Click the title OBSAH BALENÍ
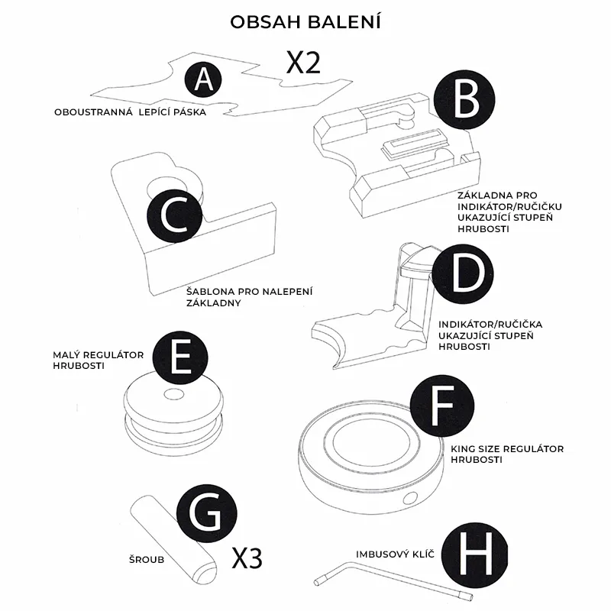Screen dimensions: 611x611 pyautogui.click(x=305, y=22)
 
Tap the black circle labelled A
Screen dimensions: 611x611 pyautogui.click(x=203, y=80)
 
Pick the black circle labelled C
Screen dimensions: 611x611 pyautogui.click(x=175, y=215)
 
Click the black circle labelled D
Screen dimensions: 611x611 pyautogui.click(x=464, y=273)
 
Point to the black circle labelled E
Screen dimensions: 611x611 pyautogui.click(x=180, y=357)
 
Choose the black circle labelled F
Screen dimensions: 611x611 pyautogui.click(x=442, y=406)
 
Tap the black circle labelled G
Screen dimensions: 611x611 pyautogui.click(x=206, y=513)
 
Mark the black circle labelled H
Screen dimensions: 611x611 pyautogui.click(x=475, y=554)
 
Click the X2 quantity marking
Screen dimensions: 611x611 pyautogui.click(x=303, y=63)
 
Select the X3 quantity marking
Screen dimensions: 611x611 pyautogui.click(x=247, y=558)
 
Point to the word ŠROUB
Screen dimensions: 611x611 pyautogui.click(x=147, y=560)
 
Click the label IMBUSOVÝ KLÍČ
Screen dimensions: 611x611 pyautogui.click(x=395, y=554)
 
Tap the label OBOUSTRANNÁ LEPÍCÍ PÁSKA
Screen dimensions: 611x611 pyautogui.click(x=130, y=112)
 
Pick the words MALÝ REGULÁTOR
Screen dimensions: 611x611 pyautogui.click(x=99, y=355)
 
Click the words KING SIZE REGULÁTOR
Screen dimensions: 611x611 pyautogui.click(x=507, y=449)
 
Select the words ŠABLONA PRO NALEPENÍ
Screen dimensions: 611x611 pyautogui.click(x=250, y=292)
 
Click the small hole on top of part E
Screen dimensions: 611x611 pyautogui.click(x=174, y=394)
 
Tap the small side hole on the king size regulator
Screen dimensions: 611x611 pyautogui.click(x=410, y=499)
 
